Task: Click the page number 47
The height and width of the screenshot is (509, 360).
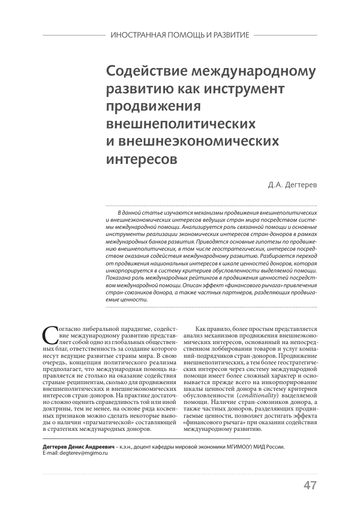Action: point(310,485)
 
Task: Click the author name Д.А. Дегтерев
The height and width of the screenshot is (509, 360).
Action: point(292,186)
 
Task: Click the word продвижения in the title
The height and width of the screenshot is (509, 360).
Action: point(153,106)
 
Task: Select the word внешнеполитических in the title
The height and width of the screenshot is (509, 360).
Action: point(181,123)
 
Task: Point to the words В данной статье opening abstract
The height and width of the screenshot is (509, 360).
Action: point(137,211)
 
